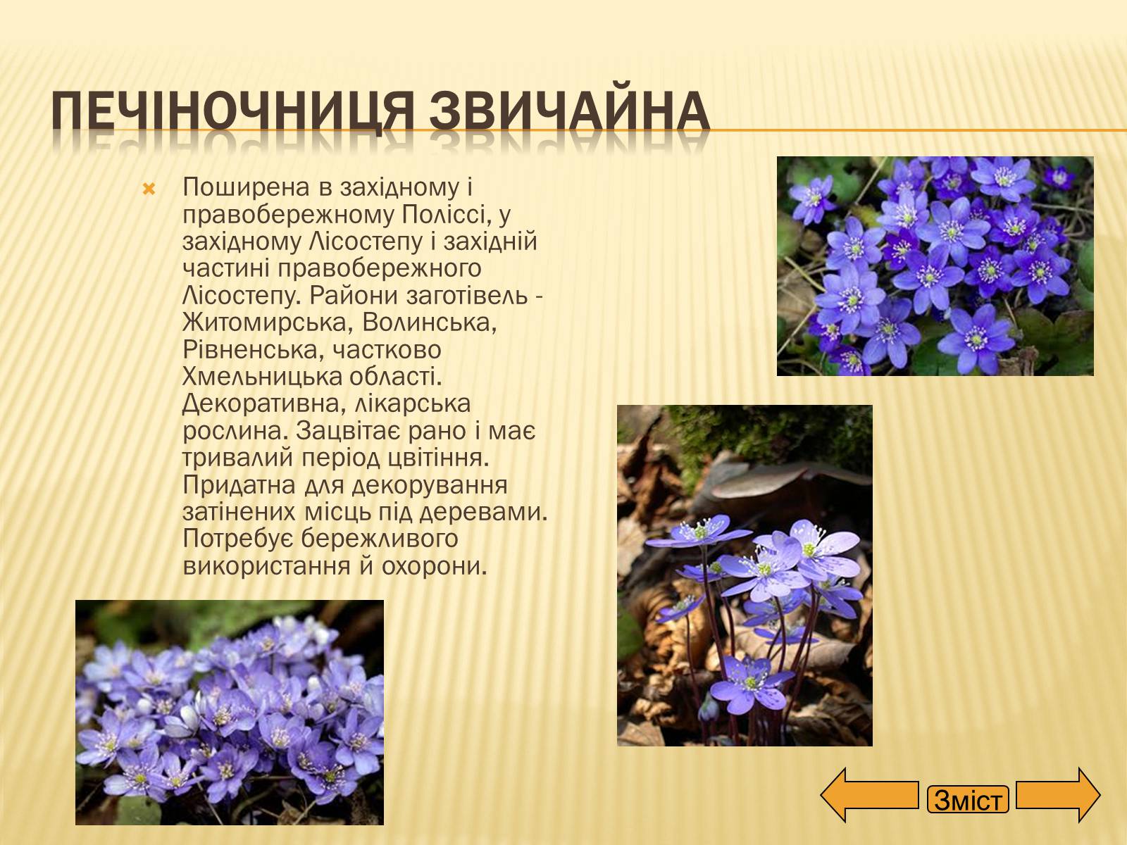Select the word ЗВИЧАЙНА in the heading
point(569,111)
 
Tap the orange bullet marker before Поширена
point(149,190)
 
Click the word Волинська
point(429,323)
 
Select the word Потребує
point(238,539)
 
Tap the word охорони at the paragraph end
point(433,567)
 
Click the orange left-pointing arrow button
point(869,795)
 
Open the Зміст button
point(968,800)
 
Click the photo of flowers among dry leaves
point(745,575)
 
